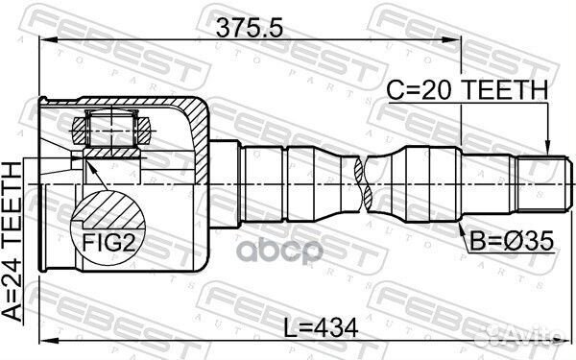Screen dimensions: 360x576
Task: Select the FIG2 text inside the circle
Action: (107, 242)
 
